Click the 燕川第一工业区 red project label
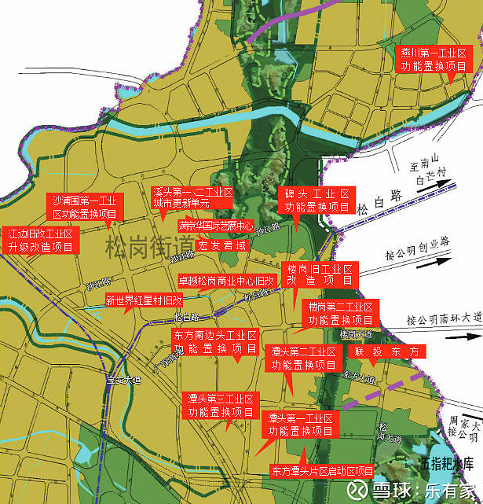[433, 59]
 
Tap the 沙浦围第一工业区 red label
[84, 206]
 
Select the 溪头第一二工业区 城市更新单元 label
[192, 197]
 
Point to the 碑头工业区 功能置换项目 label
[317, 200]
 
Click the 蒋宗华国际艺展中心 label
[215, 226]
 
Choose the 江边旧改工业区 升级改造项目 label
[41, 241]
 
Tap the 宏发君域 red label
[222, 245]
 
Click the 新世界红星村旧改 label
[144, 300]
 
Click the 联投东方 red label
[389, 351]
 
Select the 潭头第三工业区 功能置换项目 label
[221, 405]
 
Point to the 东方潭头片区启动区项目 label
[322, 471]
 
